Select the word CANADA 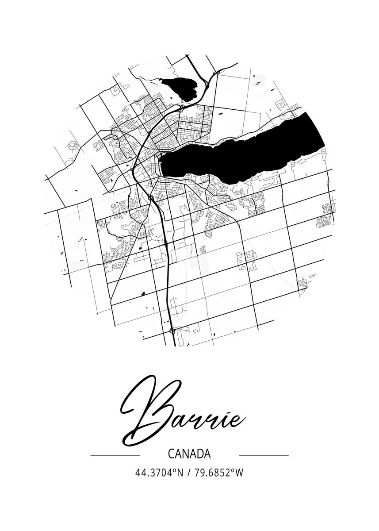click(189, 454)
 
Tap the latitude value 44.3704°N click(159, 473)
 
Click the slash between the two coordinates click(189, 473)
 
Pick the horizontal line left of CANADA click(115, 455)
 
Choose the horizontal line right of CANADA click(264, 455)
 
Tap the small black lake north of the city click(179, 87)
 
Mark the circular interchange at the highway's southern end click(172, 330)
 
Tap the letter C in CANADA click(171, 454)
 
